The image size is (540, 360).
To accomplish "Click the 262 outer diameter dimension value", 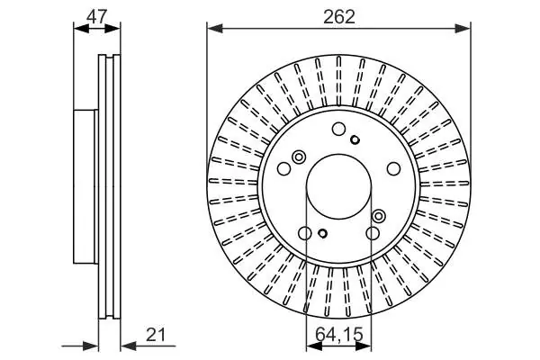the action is pyautogui.click(x=339, y=16).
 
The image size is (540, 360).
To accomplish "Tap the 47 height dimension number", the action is pyautogui.click(x=97, y=16).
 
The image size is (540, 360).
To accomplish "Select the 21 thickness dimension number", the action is pyautogui.click(x=156, y=335).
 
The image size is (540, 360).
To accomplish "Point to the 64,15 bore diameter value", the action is pyautogui.click(x=339, y=335).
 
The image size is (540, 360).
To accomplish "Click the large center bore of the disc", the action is pyautogui.click(x=339, y=186).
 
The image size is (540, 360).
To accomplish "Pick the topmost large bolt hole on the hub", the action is pyautogui.click(x=338, y=129).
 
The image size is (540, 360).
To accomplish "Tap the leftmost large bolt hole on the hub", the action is pyautogui.click(x=284, y=168).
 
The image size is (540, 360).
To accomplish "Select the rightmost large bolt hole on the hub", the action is pyautogui.click(x=393, y=168).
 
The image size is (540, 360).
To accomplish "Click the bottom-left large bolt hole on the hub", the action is pyautogui.click(x=305, y=233).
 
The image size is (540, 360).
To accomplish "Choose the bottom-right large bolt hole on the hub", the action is pyautogui.click(x=373, y=233).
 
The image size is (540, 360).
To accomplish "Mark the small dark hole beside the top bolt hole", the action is pyautogui.click(x=355, y=139).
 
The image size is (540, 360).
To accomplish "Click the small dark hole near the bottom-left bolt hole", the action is pyautogui.click(x=323, y=233).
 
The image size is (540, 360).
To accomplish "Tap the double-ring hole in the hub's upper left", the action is pyautogui.click(x=299, y=157).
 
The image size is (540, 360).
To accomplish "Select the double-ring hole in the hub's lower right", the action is pyautogui.click(x=379, y=216).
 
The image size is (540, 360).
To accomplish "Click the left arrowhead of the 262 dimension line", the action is pyautogui.click(x=215, y=28).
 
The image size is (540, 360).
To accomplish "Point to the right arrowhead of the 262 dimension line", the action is pyautogui.click(x=463, y=28).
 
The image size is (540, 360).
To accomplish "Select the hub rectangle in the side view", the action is pyautogui.click(x=85, y=186).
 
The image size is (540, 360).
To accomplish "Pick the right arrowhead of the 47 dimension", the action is pyautogui.click(x=112, y=28).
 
